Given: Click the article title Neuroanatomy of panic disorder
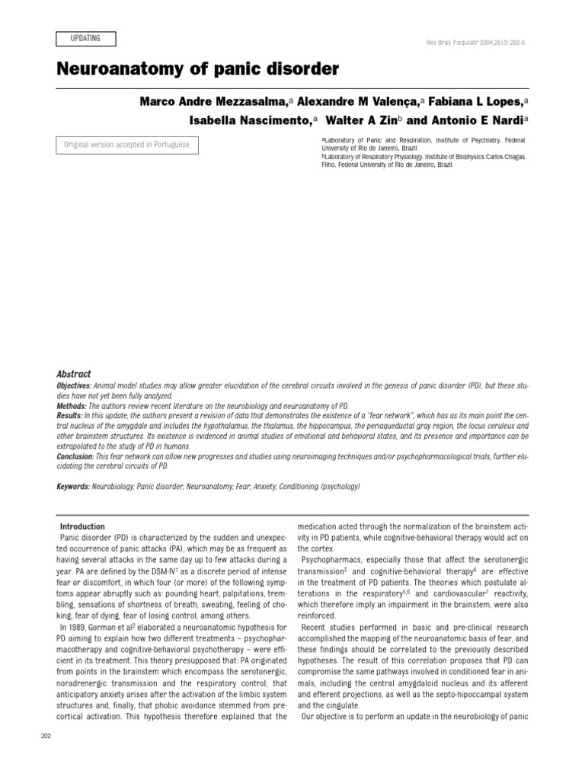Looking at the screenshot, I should (197, 70).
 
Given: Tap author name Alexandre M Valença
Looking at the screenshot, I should (359, 102).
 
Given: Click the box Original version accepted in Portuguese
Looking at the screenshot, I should (126, 145).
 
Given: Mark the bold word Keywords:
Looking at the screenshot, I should (74, 486).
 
